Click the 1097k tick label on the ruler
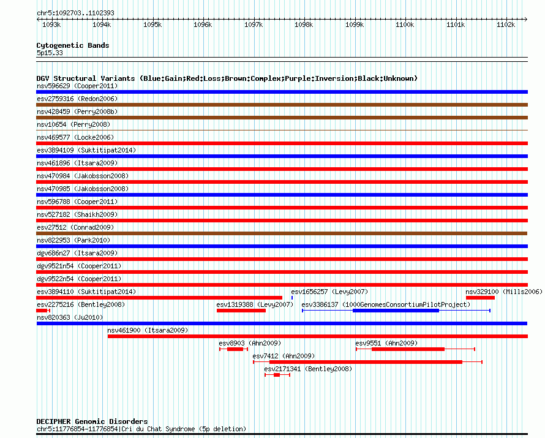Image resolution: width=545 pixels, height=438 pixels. tap(253, 25)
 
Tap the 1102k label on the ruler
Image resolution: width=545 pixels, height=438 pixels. tap(506, 25)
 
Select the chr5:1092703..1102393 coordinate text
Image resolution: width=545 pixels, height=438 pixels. tap(75, 13)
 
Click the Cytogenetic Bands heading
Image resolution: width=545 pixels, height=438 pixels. tap(73, 45)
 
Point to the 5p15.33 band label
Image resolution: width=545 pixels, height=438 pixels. tap(50, 53)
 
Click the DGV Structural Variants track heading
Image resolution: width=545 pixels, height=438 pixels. tap(227, 78)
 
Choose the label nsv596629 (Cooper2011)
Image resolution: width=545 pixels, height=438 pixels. tap(77, 86)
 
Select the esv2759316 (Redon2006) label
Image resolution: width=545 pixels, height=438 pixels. tap(77, 99)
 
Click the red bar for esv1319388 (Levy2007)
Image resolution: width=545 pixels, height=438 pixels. tap(241, 311)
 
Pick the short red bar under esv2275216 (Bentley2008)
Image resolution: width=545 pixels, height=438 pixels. tap(42, 311)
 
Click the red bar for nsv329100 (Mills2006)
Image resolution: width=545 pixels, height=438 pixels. tap(480, 298)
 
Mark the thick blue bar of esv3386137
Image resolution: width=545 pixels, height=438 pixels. tap(396, 311)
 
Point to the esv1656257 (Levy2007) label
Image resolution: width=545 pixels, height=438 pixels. tap(329, 292)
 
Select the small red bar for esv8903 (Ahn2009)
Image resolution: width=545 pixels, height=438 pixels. tap(235, 349)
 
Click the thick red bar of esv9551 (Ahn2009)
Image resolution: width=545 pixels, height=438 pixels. tap(408, 349)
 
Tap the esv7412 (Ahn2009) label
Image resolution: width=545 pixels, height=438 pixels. tap(284, 356)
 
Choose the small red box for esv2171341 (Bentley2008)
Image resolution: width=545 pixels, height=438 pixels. tap(277, 375)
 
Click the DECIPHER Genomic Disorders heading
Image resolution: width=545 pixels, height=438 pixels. tap(92, 421)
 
